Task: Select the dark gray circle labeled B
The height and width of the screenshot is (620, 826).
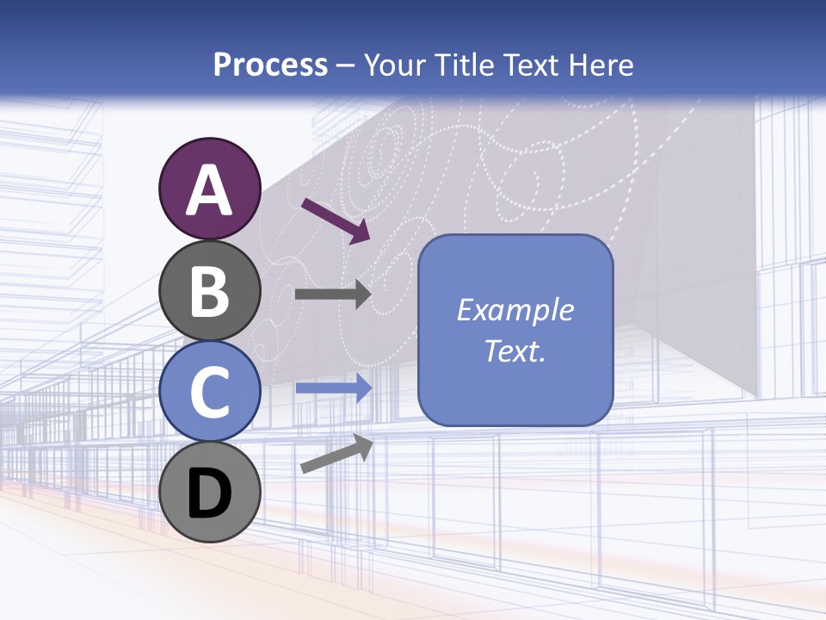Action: coord(209,290)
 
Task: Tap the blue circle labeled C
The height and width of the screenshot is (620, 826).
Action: coord(209,391)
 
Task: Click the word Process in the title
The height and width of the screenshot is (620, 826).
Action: coord(271,65)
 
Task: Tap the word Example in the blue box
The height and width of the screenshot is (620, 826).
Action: coord(515,310)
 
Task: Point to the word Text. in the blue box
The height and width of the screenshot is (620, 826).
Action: coord(515,350)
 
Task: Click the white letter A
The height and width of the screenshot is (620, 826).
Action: coord(209,190)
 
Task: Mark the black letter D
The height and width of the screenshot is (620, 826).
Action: coord(209,494)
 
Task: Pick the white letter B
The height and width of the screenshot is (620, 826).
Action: coord(209,291)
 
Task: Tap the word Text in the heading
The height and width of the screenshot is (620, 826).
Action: coord(528,65)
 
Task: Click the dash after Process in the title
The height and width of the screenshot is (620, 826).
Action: coord(346,66)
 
